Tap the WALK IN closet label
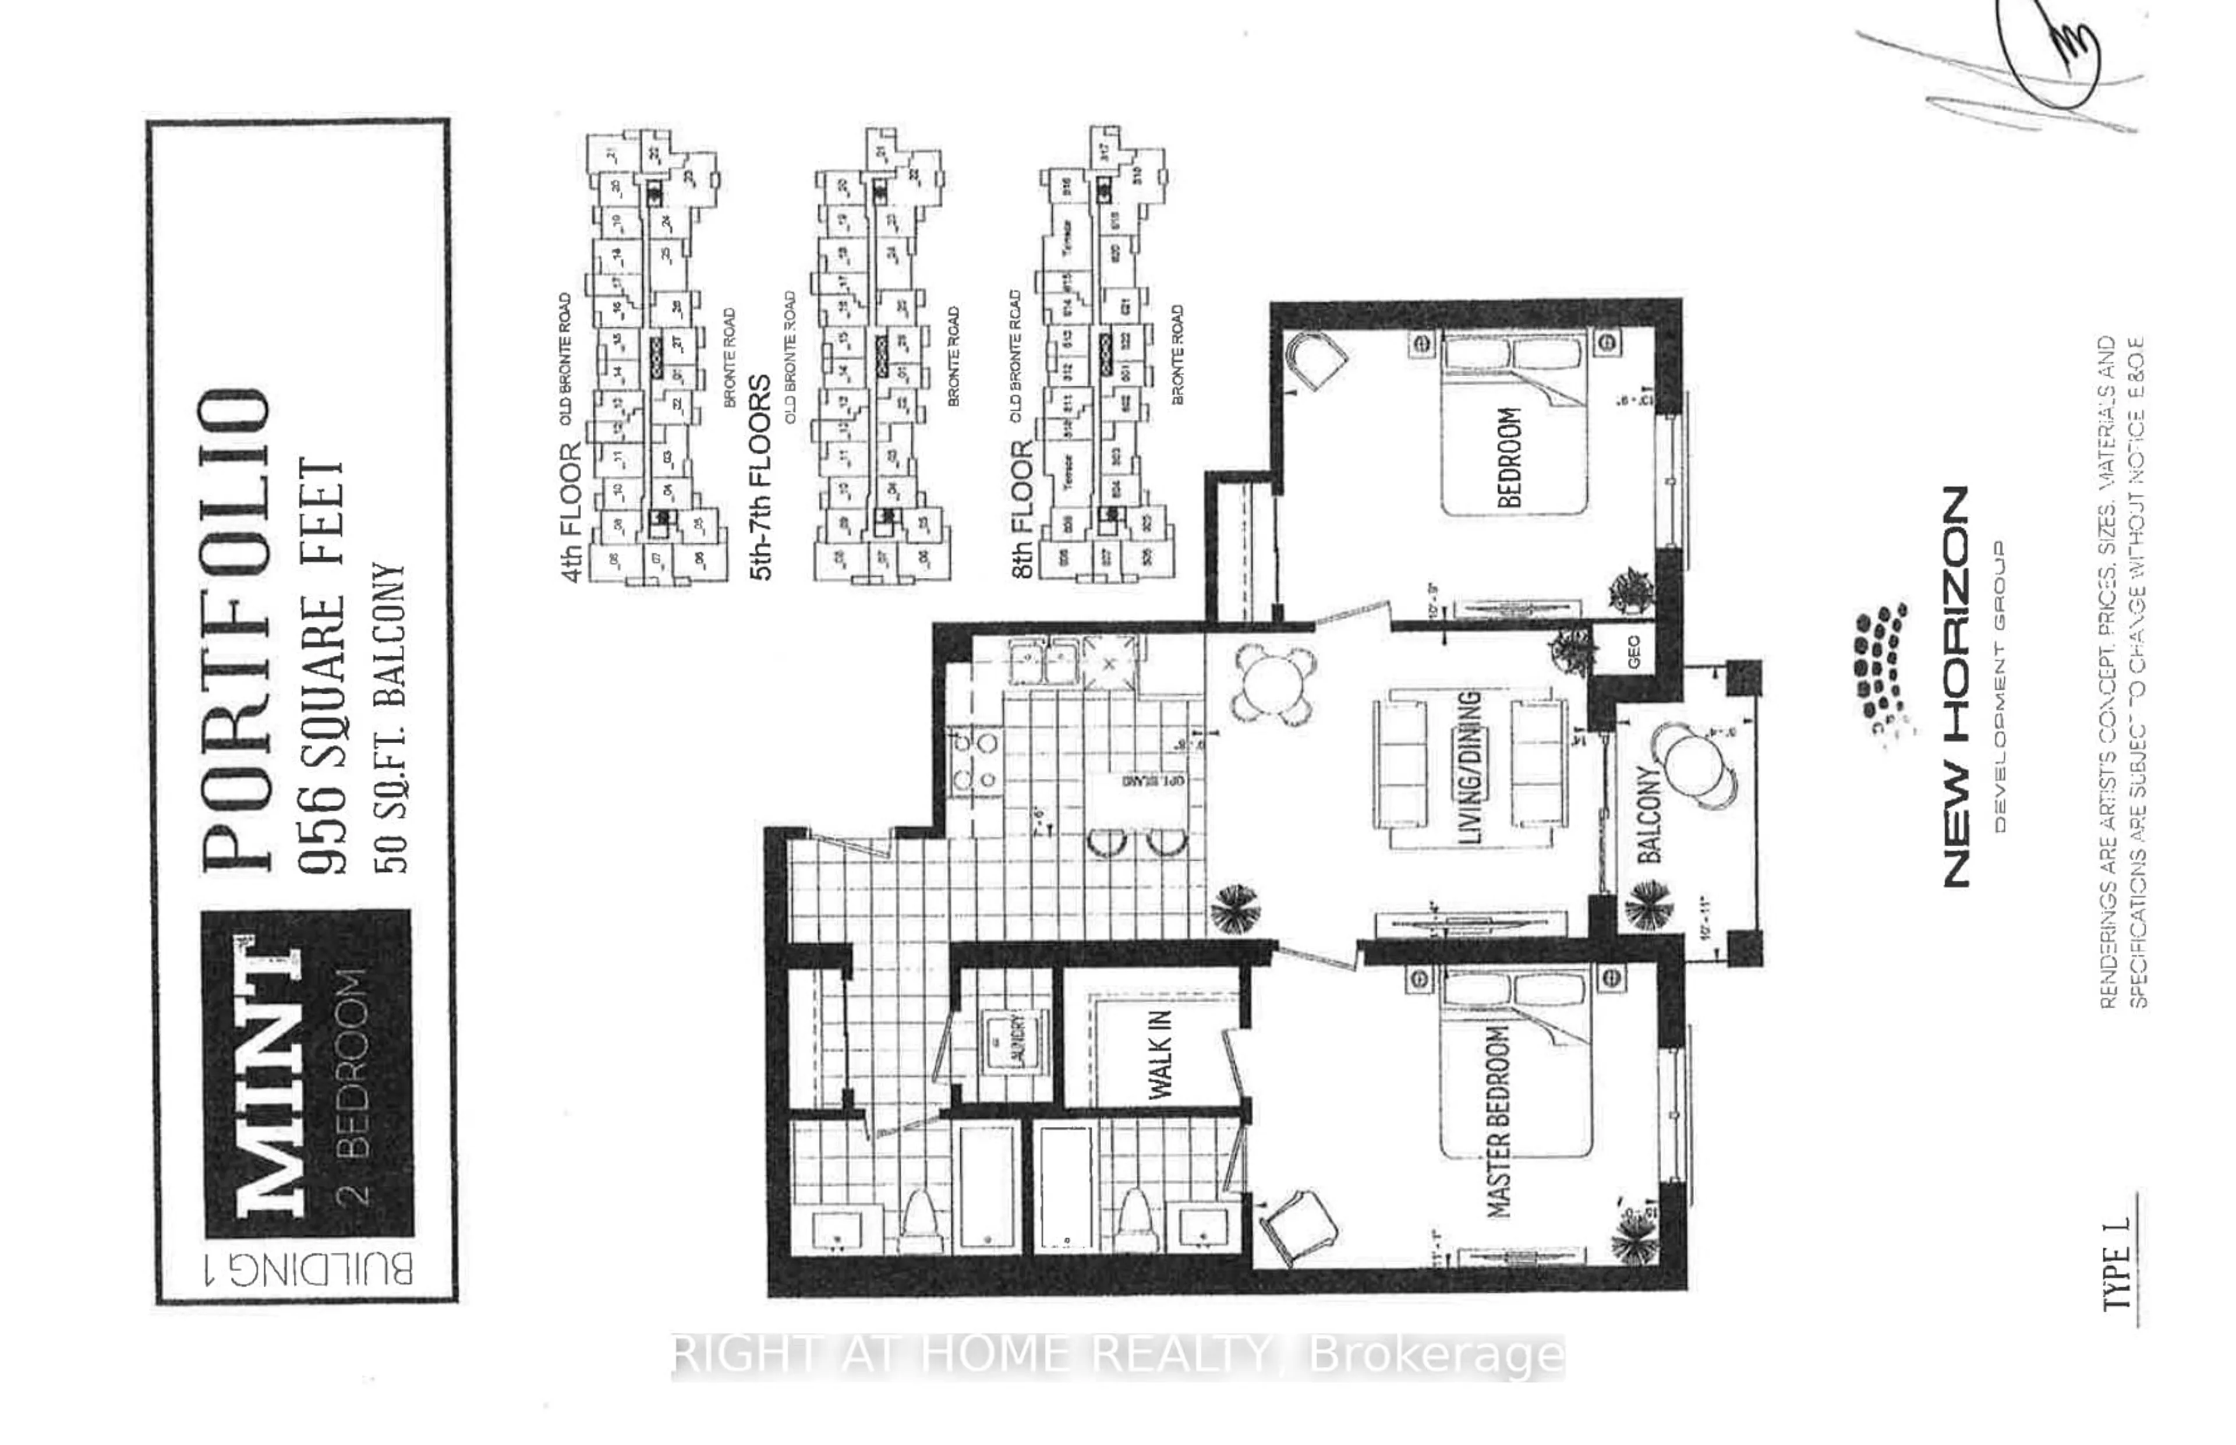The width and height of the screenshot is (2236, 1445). (1160, 1054)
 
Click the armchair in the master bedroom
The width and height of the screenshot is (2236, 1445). (1299, 1227)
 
